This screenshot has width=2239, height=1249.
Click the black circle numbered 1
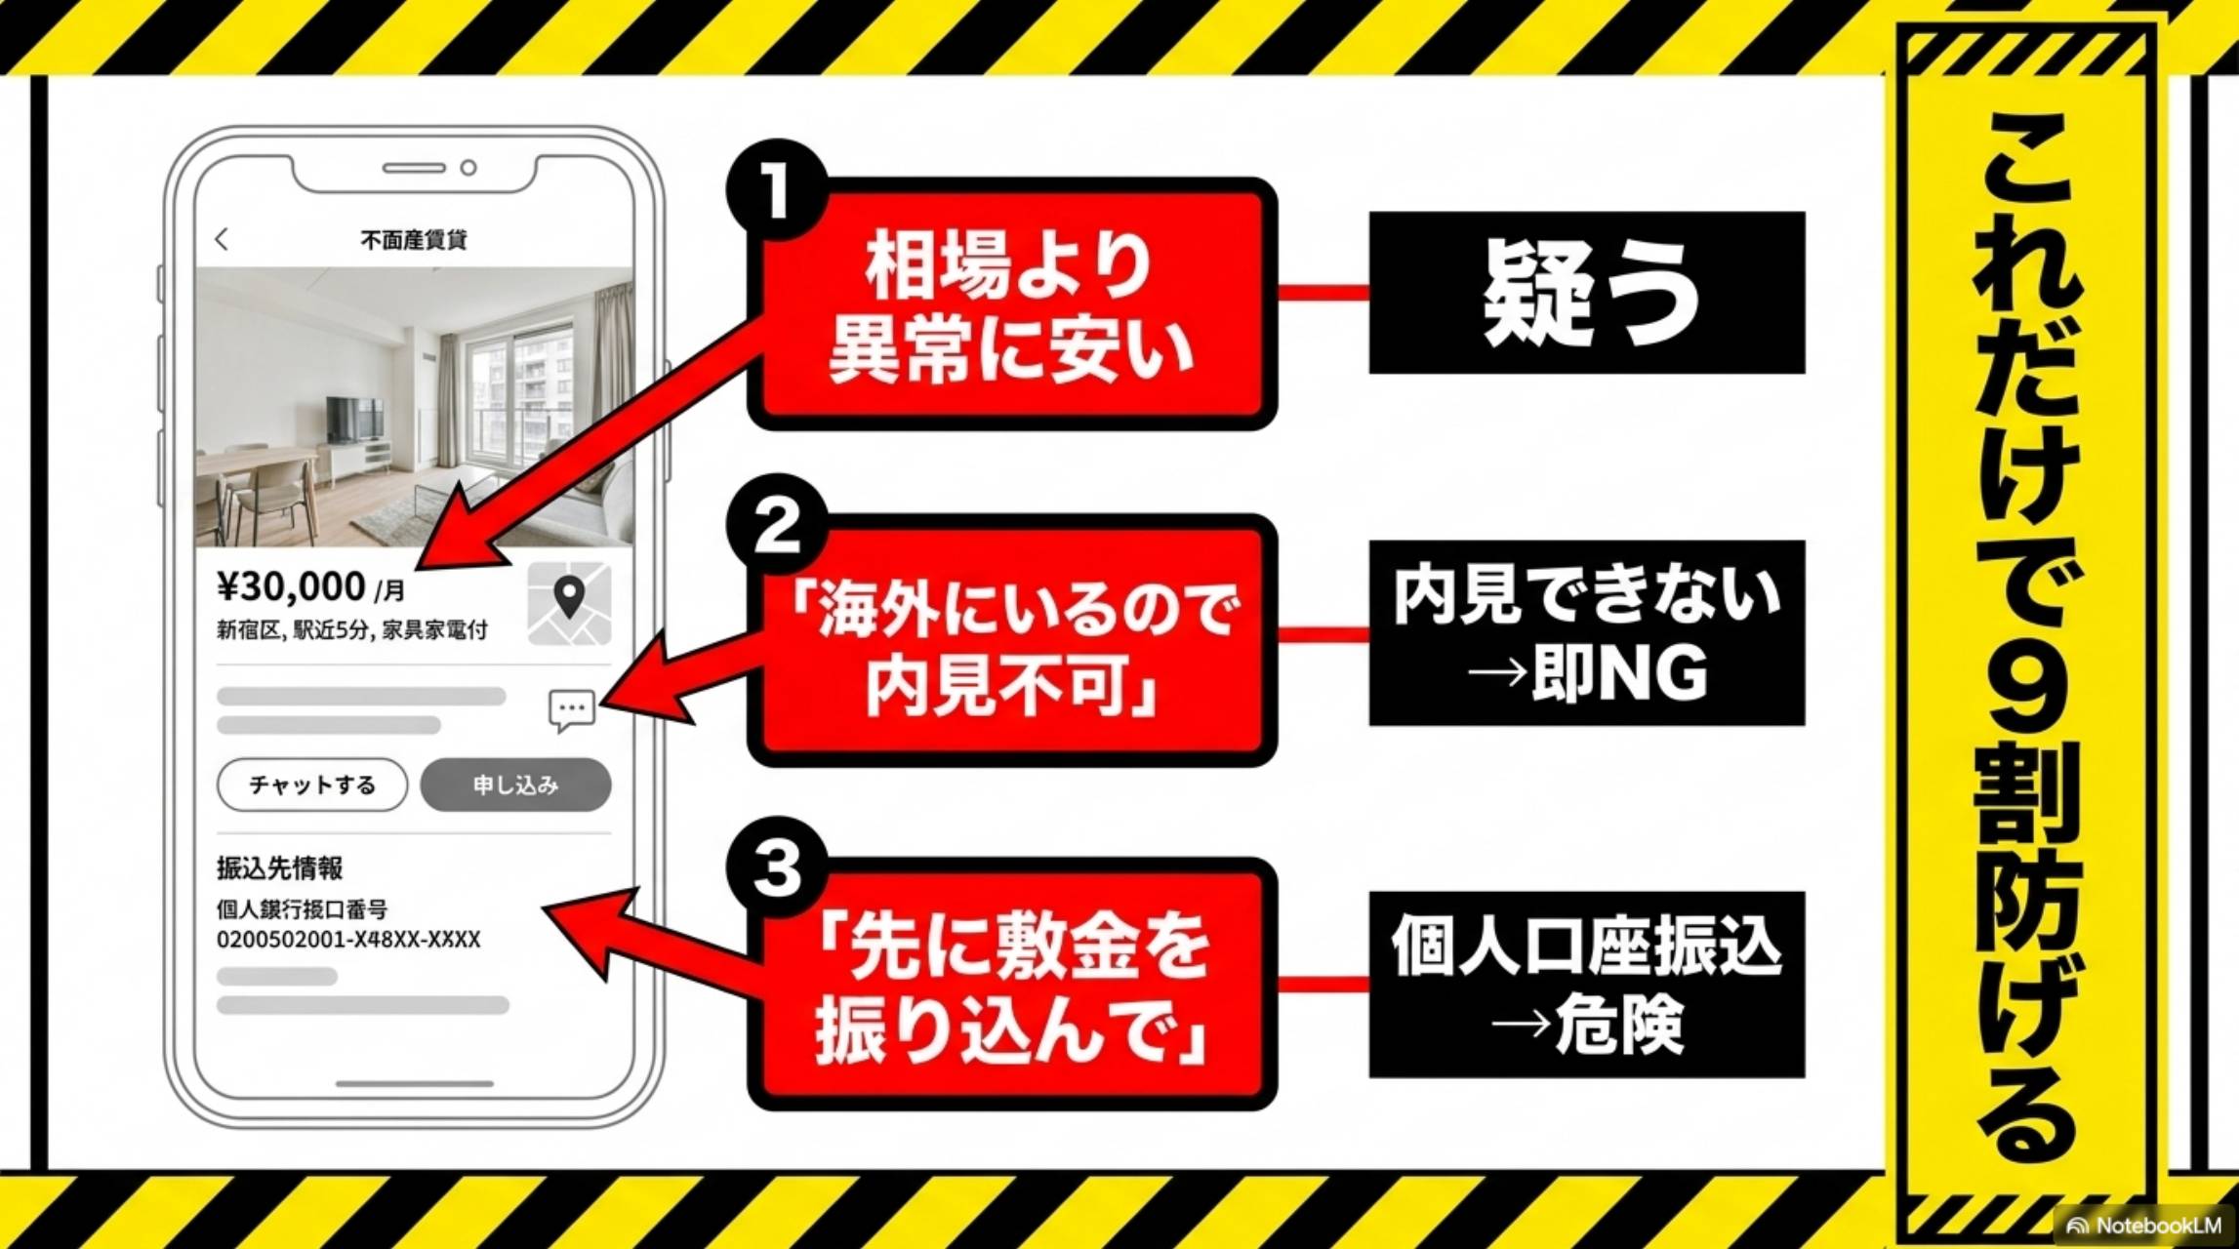776,189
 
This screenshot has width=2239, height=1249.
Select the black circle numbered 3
776,867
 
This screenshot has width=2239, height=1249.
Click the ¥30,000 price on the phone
292,586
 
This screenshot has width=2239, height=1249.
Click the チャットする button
312,785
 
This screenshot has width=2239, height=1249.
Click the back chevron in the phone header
223,239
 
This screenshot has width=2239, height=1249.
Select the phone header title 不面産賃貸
414,239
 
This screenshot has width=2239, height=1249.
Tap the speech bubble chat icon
572,709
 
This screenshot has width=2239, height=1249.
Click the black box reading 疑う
1586,293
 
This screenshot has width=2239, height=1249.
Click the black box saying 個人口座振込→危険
1586,984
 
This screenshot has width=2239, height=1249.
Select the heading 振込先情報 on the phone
279,867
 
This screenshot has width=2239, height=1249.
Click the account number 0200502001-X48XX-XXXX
348,940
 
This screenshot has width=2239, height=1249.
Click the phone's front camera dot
468,168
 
